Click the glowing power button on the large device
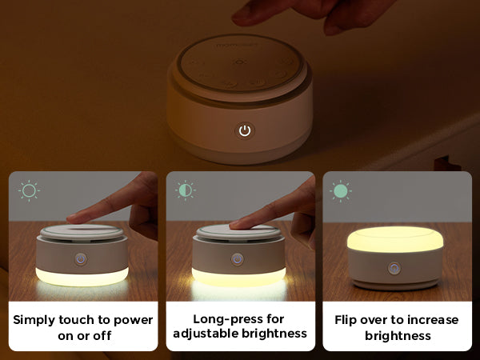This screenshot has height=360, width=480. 245,130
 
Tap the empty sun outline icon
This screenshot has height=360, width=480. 29,190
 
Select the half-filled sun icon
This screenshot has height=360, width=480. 186,190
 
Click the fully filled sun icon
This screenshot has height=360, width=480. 341,191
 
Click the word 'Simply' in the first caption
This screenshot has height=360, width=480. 34,321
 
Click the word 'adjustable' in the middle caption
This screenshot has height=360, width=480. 205,333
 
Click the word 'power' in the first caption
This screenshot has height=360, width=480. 133,321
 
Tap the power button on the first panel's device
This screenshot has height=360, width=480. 81,259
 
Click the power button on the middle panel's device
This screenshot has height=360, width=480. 238,259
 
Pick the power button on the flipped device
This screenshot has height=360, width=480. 394,268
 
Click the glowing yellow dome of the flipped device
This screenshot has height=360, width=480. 395,239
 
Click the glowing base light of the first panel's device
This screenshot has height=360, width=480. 82,277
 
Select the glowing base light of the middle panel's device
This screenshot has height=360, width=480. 238,277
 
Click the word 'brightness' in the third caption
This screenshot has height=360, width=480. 398,336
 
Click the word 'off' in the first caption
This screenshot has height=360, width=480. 102,336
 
